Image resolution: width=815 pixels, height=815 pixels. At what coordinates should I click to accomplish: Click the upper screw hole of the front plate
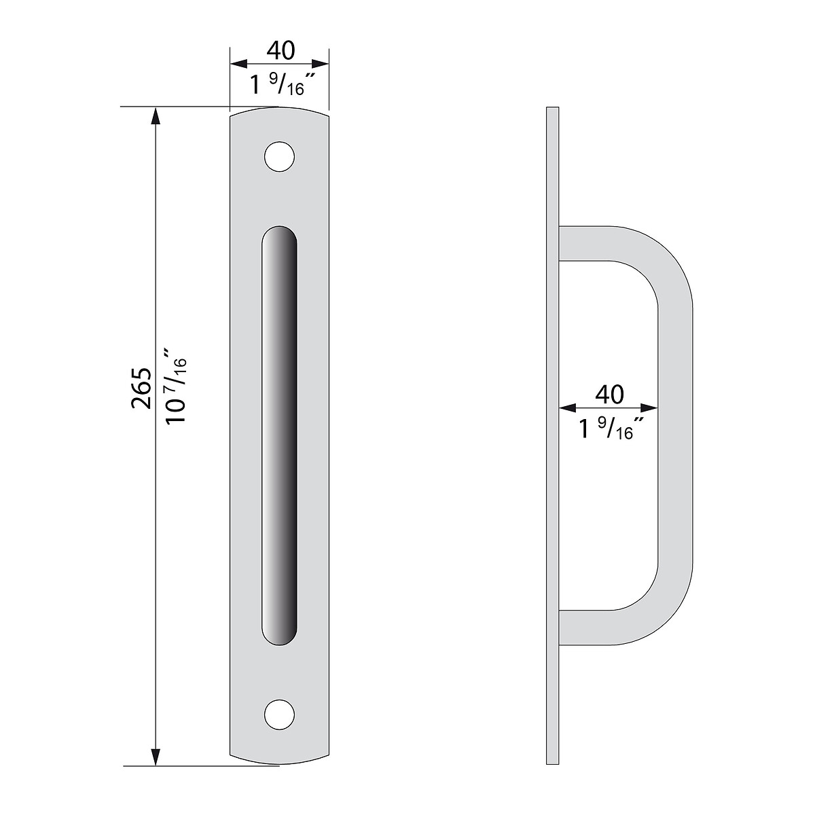click(x=279, y=156)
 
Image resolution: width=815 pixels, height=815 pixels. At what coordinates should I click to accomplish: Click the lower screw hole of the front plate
click(x=279, y=714)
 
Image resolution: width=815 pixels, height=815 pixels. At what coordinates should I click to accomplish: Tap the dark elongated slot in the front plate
click(x=280, y=435)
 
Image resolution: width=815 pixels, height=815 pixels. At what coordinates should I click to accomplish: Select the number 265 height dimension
click(x=141, y=388)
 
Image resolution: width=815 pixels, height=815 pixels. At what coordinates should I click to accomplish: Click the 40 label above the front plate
click(x=280, y=50)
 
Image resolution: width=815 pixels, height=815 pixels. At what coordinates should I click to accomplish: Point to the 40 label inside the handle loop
click(x=609, y=395)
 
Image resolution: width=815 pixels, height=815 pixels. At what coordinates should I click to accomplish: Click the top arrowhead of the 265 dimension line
click(x=156, y=115)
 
